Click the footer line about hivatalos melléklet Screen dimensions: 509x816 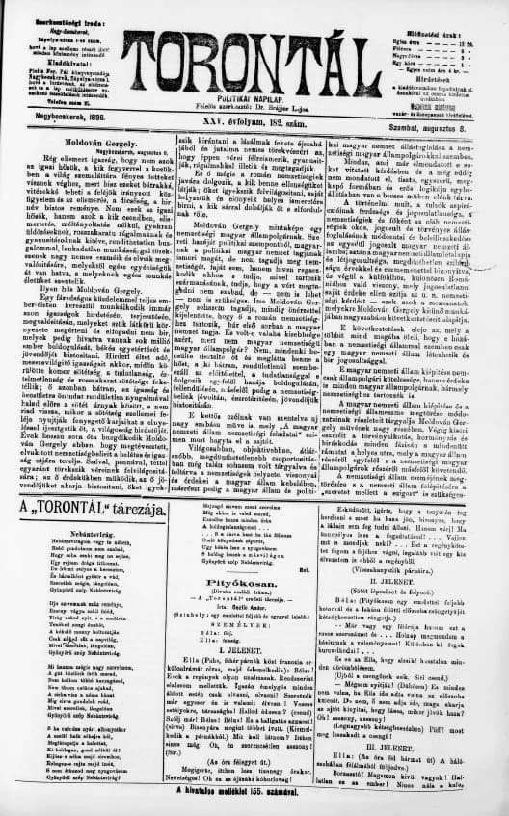[x=254, y=802]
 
